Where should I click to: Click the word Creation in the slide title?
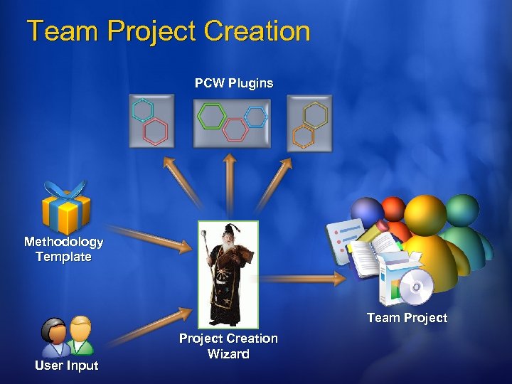[257, 32]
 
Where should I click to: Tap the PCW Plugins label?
[234, 83]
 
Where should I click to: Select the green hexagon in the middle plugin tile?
[211, 115]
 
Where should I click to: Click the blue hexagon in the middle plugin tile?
[255, 116]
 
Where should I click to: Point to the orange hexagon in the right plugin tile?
[303, 135]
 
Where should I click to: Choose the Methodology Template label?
[63, 249]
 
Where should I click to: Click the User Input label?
[67, 366]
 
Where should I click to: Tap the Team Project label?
[407, 318]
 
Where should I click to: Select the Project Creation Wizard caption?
[228, 346]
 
